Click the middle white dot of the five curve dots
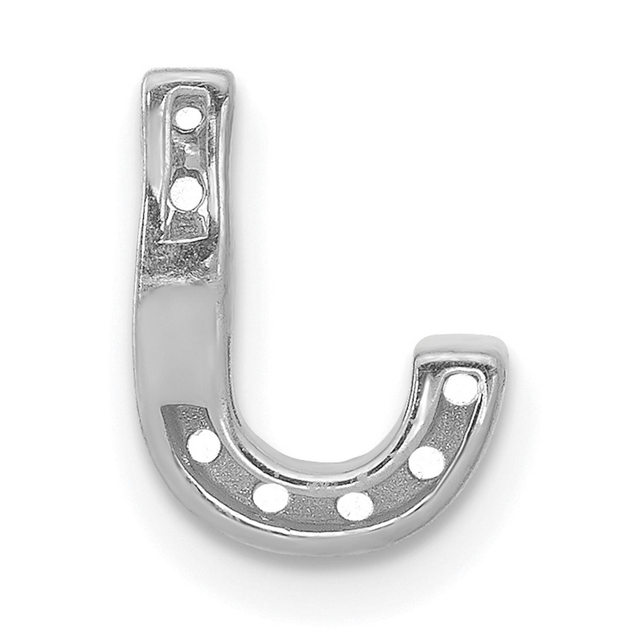(354, 505)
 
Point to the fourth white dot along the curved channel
(427, 462)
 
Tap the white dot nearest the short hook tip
(461, 389)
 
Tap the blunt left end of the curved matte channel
(170, 418)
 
